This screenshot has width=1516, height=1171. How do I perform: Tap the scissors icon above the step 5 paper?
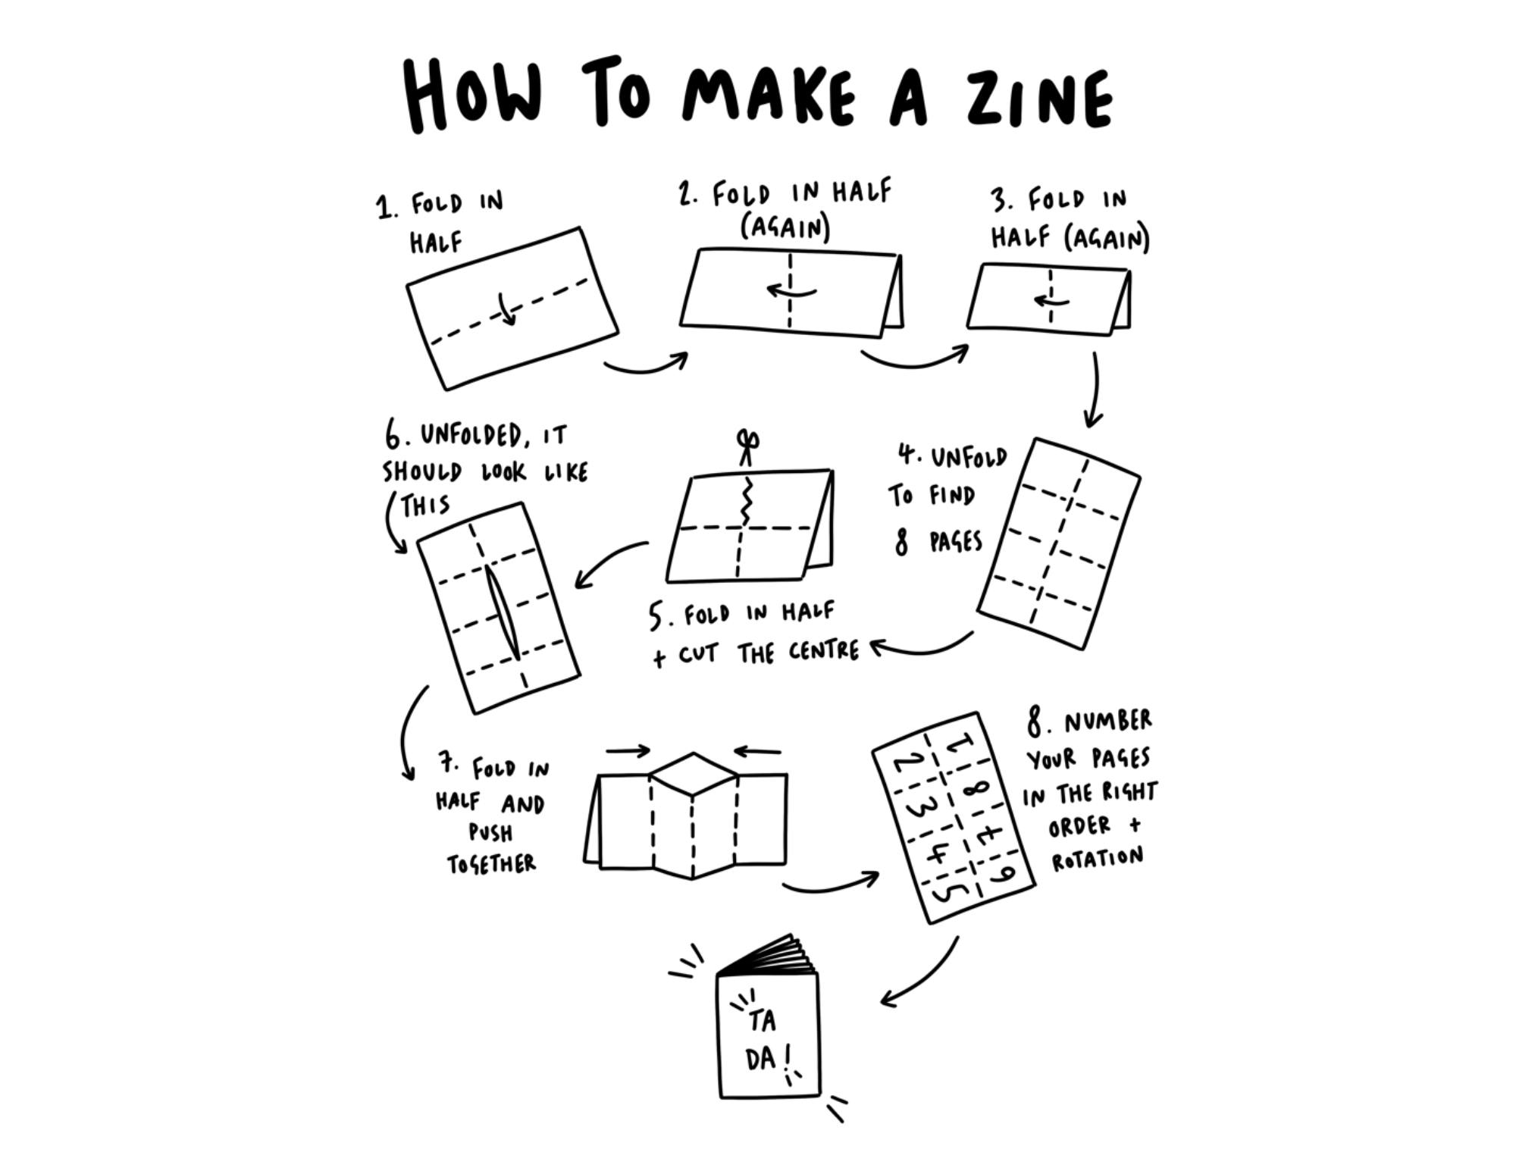(748, 447)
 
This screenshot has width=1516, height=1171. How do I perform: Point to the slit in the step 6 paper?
(503, 614)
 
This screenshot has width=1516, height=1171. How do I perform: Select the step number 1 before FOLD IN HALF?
(386, 207)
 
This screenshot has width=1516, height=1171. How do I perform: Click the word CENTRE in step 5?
(824, 651)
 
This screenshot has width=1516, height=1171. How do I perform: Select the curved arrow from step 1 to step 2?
(646, 367)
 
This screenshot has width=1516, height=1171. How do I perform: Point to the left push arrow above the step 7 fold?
(628, 751)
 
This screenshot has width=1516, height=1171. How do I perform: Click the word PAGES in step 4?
(957, 542)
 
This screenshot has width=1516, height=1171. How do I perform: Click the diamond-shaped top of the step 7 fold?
(693, 775)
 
